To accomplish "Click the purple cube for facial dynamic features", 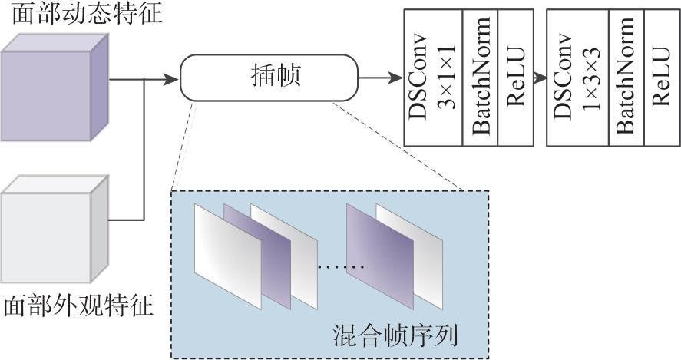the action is click(x=55, y=88).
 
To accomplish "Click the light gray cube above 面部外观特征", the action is click(x=55, y=229).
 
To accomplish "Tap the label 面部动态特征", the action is click(x=87, y=14).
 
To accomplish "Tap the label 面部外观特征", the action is click(x=78, y=306).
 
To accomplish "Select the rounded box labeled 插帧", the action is click(x=269, y=78).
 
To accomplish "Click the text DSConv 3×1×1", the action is click(x=433, y=77).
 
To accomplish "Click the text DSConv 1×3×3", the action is click(x=577, y=77).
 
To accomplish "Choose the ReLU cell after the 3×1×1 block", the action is click(x=516, y=77).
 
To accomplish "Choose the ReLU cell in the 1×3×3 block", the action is click(x=662, y=77).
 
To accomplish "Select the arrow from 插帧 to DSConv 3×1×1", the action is click(x=381, y=78).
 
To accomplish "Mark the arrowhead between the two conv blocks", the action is click(x=541, y=78).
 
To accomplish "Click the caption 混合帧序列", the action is click(x=395, y=335).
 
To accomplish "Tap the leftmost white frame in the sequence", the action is click(x=227, y=256).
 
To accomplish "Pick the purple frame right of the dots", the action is click(x=379, y=256).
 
